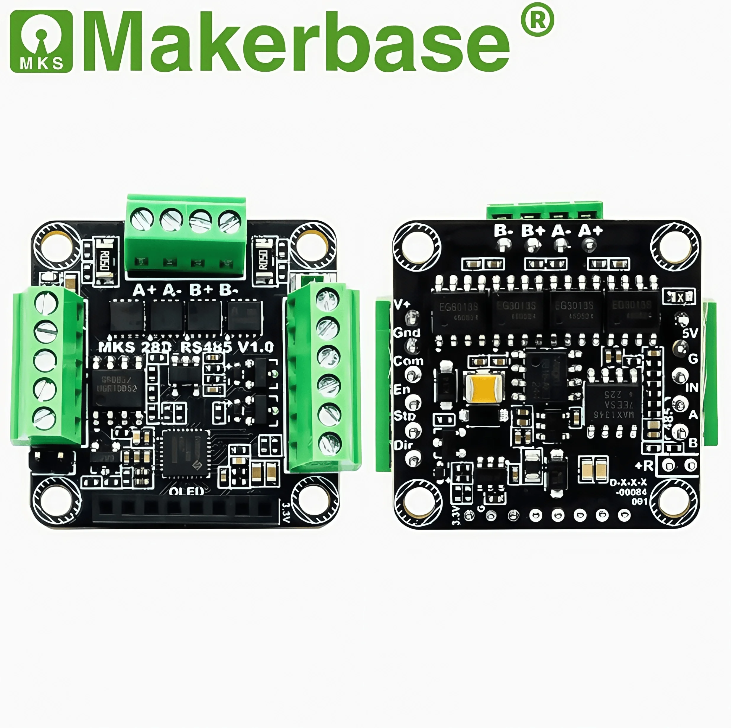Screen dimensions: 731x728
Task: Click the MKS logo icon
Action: (41, 41)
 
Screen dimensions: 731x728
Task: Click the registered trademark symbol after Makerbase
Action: (537, 20)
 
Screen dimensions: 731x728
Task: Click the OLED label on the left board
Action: (186, 492)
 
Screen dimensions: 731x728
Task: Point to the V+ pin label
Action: (402, 305)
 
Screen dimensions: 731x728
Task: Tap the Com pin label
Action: (408, 361)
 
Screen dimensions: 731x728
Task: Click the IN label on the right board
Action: (692, 387)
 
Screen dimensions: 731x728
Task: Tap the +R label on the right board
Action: (644, 466)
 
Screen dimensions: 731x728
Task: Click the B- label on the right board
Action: (503, 231)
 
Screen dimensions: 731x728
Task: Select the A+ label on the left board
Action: (144, 290)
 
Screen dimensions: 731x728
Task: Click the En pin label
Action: (402, 389)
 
